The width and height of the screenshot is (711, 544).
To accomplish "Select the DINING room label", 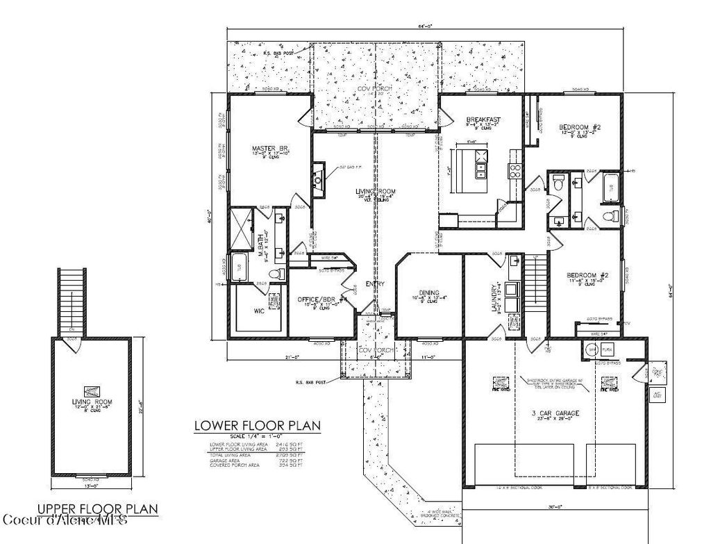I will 428,292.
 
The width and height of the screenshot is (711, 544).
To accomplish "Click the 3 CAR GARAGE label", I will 555,413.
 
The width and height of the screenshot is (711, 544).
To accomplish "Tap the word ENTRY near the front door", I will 376,283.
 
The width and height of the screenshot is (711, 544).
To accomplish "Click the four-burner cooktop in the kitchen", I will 517,170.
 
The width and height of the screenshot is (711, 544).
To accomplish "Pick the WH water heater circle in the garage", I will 592,350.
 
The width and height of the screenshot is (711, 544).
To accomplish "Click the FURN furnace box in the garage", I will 608,350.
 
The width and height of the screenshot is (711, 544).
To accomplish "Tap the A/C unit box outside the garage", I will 656,395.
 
